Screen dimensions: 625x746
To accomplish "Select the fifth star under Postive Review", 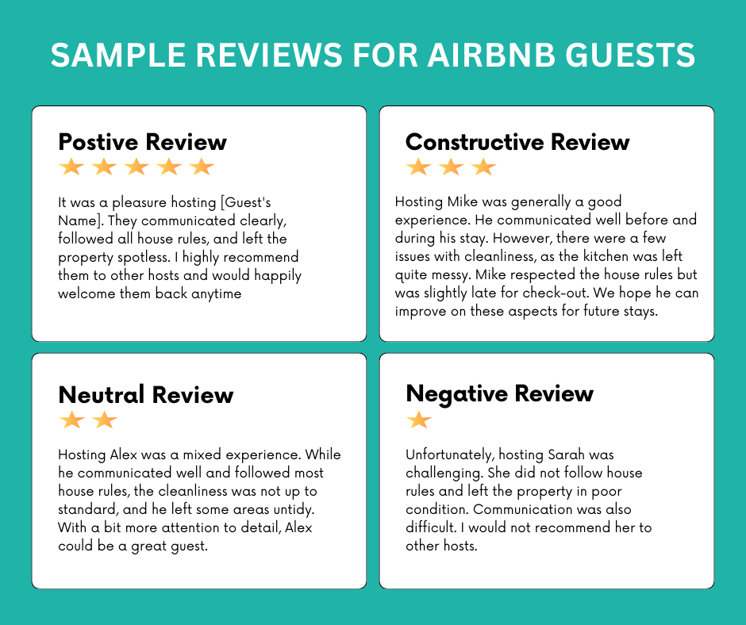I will [202, 167].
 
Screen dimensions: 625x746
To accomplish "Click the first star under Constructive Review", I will [418, 167].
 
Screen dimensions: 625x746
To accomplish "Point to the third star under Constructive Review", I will [483, 167].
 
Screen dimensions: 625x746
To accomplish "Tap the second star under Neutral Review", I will [105, 420].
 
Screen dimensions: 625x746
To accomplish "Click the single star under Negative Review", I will [418, 420].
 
